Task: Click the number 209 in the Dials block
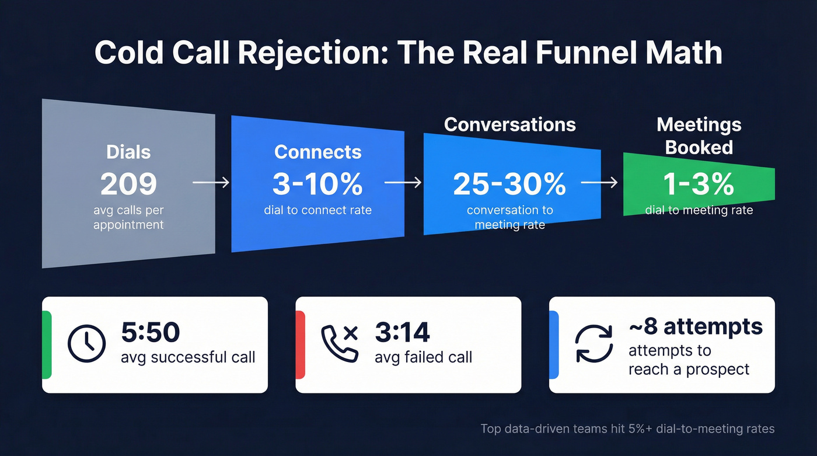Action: pos(128,184)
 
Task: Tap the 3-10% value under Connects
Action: pos(317,184)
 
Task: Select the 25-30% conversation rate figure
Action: pos(509,184)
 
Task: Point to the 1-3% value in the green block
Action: pos(699,184)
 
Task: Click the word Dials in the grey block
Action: pos(128,152)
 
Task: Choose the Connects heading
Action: pos(317,152)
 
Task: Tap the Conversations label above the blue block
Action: pos(509,124)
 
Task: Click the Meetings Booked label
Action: pos(699,136)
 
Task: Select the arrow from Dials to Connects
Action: pos(211,183)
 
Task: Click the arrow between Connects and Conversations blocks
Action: pos(403,183)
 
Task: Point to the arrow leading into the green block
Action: pos(599,183)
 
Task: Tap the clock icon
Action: pos(87,344)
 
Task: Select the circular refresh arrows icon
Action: pos(593,344)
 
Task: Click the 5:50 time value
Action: pos(151,332)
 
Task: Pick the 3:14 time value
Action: pos(402,332)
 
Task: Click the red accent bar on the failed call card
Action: pos(301,344)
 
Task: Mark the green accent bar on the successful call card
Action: pos(47,344)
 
